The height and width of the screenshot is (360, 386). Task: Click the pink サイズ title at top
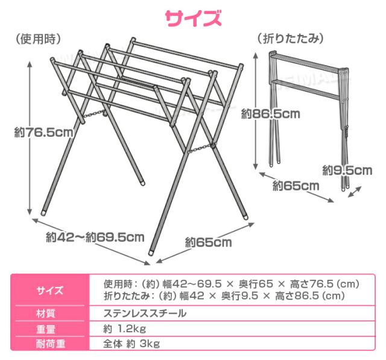pos(192,18)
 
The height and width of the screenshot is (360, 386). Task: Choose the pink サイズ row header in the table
pos(50,290)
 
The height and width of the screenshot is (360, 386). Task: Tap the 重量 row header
pos(50,329)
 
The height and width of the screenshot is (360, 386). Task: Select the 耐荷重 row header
pos(50,344)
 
